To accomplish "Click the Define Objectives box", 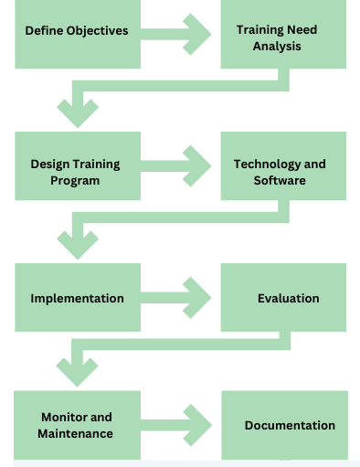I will click(x=77, y=34).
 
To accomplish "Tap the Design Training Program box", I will click(x=77, y=165).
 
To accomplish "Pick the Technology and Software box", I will click(x=283, y=166).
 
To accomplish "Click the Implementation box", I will click(x=77, y=298).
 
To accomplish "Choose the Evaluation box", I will click(x=283, y=298).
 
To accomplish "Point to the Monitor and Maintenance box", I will click(x=77, y=424).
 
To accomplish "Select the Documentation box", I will click(x=284, y=425).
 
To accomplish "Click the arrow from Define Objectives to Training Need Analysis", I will click(x=179, y=34).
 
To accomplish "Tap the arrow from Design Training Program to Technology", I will click(x=179, y=165).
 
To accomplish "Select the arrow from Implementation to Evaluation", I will click(x=179, y=298).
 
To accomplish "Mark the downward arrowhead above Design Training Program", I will click(x=78, y=112).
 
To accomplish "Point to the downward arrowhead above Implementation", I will click(x=78, y=244).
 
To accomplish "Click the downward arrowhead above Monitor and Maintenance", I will click(x=78, y=371).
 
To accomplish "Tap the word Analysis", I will click(x=277, y=46).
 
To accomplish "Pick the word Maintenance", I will click(x=76, y=433).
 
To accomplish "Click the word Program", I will click(x=76, y=180).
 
